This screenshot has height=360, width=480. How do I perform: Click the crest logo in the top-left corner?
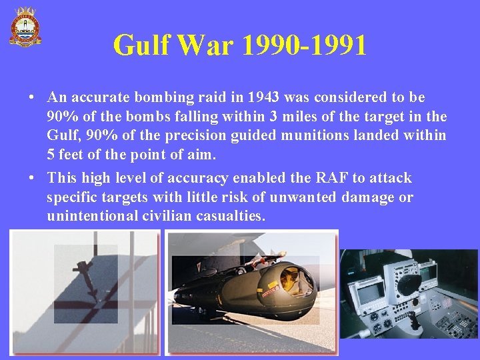25,27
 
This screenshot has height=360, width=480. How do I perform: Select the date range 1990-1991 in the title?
305,45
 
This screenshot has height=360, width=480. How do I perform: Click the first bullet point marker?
32,97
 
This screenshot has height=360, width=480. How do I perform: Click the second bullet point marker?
32,178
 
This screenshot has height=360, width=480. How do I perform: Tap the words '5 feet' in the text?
70,155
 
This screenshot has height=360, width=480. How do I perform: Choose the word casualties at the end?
230,216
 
